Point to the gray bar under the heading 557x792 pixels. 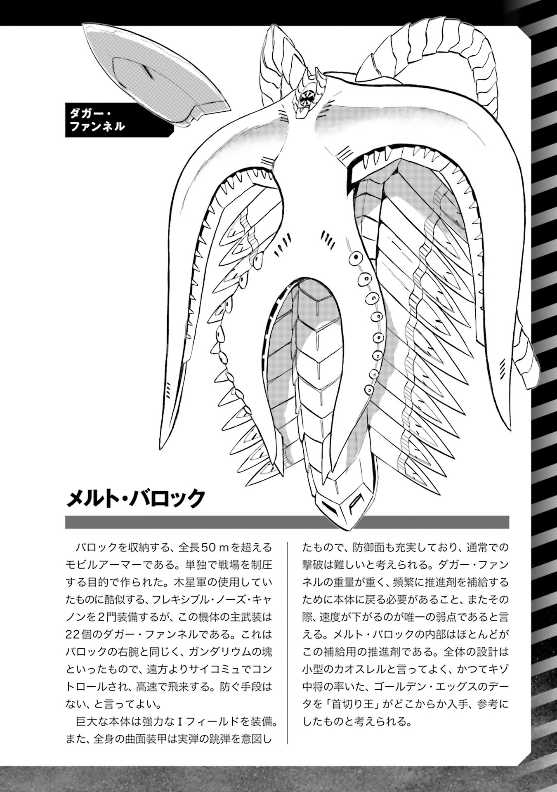point(287,522)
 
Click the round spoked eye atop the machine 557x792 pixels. point(307,97)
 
